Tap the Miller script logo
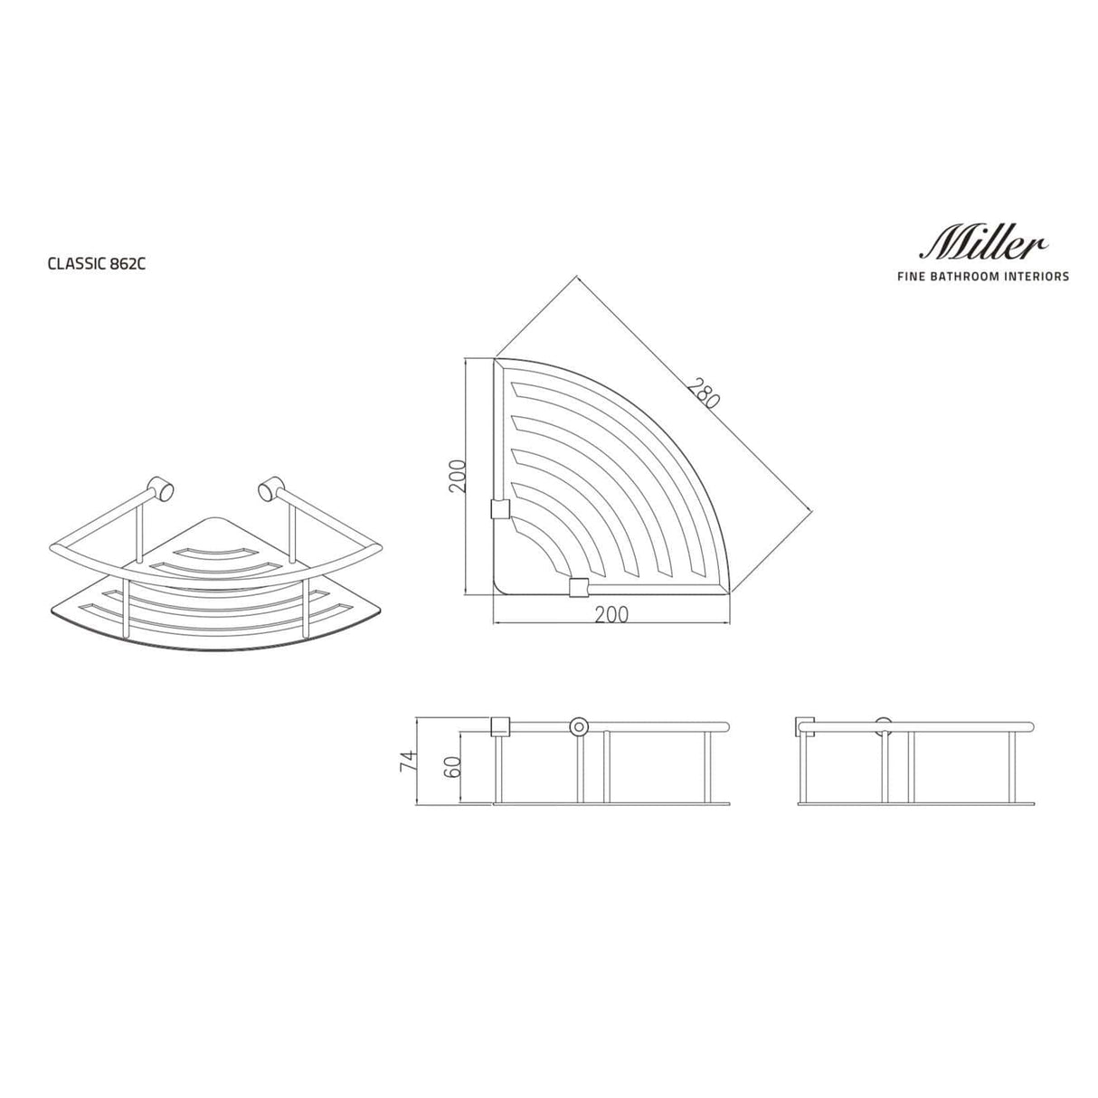pos(984,241)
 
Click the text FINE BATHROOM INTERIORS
pos(981,276)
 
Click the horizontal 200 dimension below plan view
pos(611,614)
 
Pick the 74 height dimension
pos(408,759)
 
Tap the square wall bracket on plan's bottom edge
pos(577,589)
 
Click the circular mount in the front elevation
pos(578,726)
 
